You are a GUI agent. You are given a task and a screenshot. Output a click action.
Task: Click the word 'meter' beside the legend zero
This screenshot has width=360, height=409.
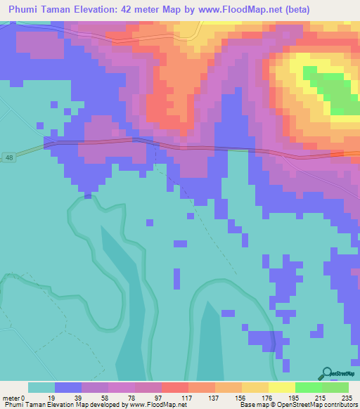point(12,398)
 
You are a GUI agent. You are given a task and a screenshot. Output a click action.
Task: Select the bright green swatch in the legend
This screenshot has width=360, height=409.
point(309,387)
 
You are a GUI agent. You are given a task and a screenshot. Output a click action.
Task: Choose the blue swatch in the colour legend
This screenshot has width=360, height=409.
point(68,387)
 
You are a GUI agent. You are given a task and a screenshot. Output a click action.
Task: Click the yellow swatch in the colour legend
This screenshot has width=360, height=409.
point(281,387)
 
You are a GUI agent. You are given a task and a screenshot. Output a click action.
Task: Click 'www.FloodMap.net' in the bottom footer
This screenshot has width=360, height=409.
point(150,405)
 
